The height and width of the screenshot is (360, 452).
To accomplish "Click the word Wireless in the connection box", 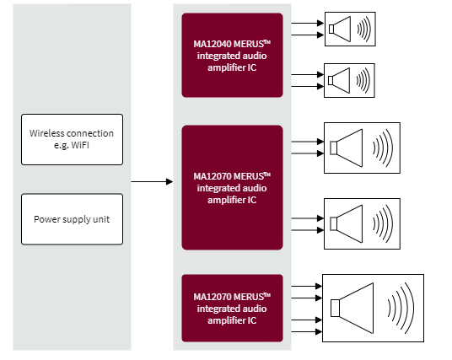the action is pyautogui.click(x=47, y=133).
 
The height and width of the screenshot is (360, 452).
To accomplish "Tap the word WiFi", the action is pyautogui.click(x=80, y=145).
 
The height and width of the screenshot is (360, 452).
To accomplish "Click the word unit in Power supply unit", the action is pyautogui.click(x=101, y=219).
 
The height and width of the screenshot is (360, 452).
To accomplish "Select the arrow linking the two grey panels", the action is pyautogui.click(x=152, y=181).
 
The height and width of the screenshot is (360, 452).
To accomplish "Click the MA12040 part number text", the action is pyautogui.click(x=213, y=44).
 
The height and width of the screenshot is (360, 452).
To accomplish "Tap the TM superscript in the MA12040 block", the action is pyautogui.click(x=267, y=42).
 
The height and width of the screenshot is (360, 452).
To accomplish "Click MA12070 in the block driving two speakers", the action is pyautogui.click(x=213, y=176).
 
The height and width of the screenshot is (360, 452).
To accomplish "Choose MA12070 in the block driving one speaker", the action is pyautogui.click(x=213, y=297).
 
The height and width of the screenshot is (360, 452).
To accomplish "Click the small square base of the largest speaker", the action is pyautogui.click(x=335, y=308).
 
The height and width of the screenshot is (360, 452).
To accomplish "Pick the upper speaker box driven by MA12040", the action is pyautogui.click(x=350, y=29).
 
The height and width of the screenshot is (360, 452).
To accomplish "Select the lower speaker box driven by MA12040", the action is pyautogui.click(x=349, y=80).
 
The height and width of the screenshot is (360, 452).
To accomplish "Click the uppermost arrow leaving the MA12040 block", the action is pyautogui.click(x=307, y=23).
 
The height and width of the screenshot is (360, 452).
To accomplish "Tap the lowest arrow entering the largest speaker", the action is pyautogui.click(x=307, y=331).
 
